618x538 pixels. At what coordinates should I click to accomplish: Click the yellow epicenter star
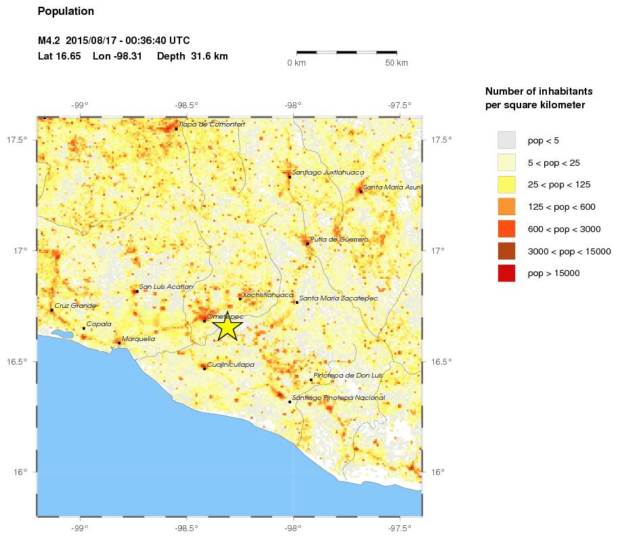pyautogui.click(x=227, y=327)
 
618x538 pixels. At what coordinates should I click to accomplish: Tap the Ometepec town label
pyautogui.click(x=225, y=317)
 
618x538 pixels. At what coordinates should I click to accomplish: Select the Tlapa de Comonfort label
pyautogui.click(x=211, y=125)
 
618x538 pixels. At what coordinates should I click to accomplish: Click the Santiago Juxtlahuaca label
pyautogui.click(x=328, y=173)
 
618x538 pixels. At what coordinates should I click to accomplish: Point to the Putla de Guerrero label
pyautogui.click(x=339, y=240)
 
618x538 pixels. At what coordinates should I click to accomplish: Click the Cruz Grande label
pyautogui.click(x=75, y=306)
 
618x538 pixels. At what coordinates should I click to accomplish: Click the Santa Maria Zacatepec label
pyautogui.click(x=338, y=298)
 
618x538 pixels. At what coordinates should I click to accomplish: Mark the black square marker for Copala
pyautogui.click(x=84, y=328)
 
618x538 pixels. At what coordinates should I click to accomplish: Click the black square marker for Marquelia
pyautogui.click(x=119, y=343)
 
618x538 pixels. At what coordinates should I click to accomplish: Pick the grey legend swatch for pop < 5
pyautogui.click(x=506, y=141)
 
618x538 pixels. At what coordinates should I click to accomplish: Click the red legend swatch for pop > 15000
pyautogui.click(x=506, y=273)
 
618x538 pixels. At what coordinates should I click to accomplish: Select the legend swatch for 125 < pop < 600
pyautogui.click(x=506, y=207)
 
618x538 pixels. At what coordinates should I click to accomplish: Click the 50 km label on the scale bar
pyautogui.click(x=397, y=63)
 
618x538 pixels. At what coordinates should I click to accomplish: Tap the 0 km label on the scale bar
pyautogui.click(x=297, y=63)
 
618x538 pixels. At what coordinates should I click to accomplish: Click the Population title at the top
pyautogui.click(x=66, y=12)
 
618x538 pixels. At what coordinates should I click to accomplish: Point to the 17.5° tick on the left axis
pyautogui.click(x=21, y=140)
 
